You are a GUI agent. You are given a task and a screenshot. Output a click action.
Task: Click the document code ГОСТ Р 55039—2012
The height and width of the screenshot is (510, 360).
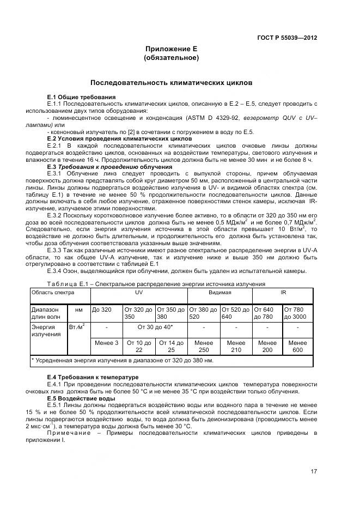click(286, 38)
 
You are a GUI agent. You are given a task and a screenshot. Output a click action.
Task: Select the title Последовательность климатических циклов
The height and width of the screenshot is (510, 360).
click(171, 83)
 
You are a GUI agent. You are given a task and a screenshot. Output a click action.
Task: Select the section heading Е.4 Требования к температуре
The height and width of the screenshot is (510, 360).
click(93, 377)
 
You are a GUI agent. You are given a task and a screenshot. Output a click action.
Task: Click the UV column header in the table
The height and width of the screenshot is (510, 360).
click(138, 293)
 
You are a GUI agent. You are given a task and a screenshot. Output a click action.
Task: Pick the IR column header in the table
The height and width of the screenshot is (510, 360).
click(283, 293)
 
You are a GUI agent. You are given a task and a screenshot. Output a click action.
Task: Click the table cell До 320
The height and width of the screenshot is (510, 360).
click(102, 309)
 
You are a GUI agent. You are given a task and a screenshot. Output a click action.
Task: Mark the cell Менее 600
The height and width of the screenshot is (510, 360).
click(297, 346)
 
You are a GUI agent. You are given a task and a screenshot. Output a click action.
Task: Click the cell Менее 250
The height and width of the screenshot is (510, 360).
click(203, 346)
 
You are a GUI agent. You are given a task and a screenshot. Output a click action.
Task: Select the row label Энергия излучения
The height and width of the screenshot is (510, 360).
click(46, 330)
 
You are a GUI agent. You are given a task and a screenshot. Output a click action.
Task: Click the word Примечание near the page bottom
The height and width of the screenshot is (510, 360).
click(69, 433)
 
